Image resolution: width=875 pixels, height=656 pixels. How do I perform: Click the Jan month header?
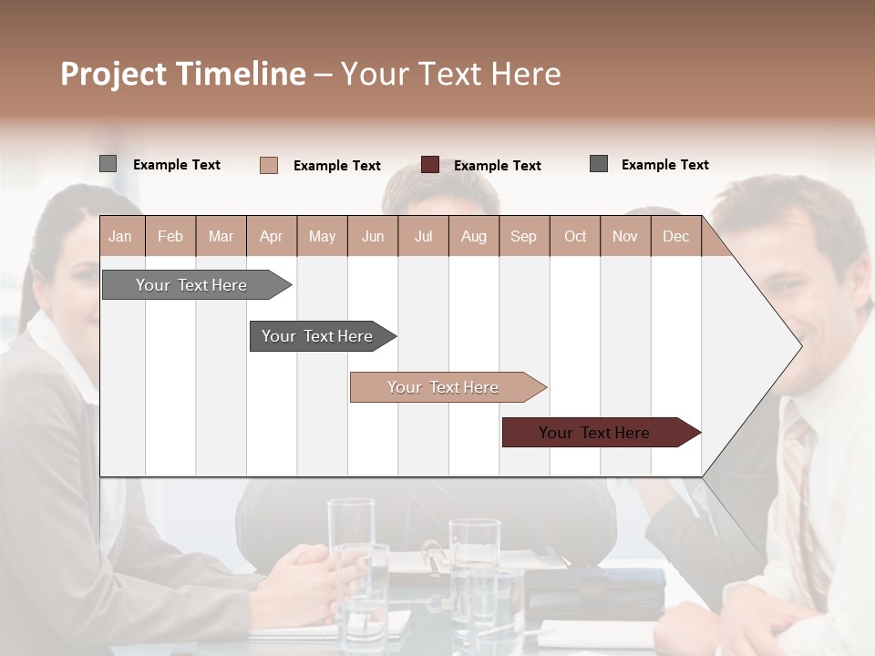tap(120, 237)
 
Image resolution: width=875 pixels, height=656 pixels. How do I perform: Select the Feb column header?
tap(170, 237)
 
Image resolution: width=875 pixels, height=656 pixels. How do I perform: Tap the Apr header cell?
tap(271, 237)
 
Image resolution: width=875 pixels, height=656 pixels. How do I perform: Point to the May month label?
tap(322, 237)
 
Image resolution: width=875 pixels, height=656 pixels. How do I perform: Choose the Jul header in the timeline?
tap(423, 237)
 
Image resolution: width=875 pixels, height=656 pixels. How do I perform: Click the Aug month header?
tap(473, 237)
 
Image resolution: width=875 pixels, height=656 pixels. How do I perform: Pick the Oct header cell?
tap(575, 237)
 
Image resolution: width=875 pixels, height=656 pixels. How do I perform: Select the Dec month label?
tap(675, 237)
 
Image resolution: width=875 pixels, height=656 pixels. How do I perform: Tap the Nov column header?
tap(625, 237)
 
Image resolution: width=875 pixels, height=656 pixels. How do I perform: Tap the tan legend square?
tap(269, 165)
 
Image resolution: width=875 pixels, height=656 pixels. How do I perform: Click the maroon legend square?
tap(430, 165)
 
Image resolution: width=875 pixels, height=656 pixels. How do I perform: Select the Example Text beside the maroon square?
tap(497, 166)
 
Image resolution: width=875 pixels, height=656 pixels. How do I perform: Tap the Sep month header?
tap(523, 237)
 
